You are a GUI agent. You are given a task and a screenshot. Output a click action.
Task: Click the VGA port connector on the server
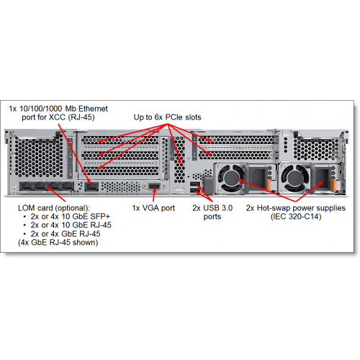155,186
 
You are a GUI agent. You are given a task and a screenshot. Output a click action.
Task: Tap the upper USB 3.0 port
194,184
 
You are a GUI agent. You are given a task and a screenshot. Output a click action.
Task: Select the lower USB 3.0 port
194,191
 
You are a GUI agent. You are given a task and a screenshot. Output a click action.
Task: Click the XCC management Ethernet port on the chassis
91,186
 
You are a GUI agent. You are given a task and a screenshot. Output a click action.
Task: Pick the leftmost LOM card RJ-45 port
26,186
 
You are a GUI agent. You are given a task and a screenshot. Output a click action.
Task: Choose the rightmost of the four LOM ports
67,186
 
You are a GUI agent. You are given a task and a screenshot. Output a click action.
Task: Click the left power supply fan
231,178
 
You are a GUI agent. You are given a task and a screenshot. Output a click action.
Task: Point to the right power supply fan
294,178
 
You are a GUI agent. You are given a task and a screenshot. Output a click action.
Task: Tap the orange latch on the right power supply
333,186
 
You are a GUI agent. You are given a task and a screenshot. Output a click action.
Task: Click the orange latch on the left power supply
269,186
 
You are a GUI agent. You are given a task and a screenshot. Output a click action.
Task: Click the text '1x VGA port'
153,208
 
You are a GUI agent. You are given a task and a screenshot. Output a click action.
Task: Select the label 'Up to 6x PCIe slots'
167,117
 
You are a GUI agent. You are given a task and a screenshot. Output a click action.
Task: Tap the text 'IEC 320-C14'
296,217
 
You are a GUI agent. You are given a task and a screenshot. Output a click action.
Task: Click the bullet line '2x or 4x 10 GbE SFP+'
71,217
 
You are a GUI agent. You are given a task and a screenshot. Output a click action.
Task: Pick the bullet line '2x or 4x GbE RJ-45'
66,234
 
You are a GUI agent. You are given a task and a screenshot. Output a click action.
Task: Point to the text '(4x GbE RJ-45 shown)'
58,243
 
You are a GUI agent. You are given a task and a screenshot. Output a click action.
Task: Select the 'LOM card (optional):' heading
54,208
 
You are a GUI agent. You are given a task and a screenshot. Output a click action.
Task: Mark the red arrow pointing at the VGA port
154,194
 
